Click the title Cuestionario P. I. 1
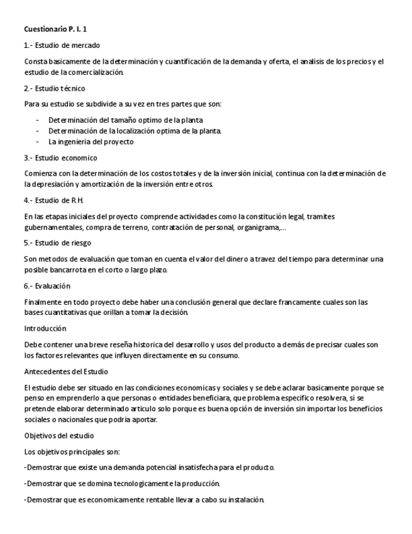coord(55,29)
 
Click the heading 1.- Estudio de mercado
coord(62,45)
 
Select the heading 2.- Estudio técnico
coord(54,88)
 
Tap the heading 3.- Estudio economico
coord(60,157)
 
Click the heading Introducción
coord(45,328)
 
